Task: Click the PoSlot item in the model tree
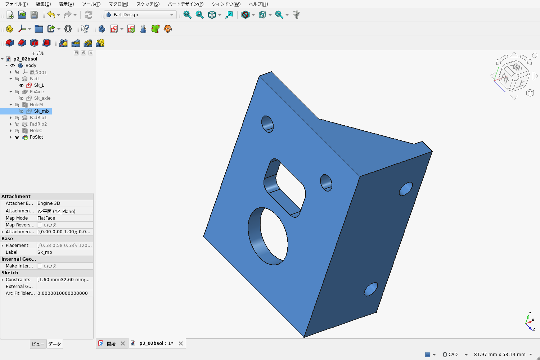coord(36,137)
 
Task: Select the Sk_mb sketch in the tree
coord(41,111)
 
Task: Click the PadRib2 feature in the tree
coord(38,124)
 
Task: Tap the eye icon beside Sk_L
coord(21,85)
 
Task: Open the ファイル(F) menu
coord(17,4)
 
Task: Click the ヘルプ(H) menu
coord(258,4)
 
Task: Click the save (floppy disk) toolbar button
coord(34,15)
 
